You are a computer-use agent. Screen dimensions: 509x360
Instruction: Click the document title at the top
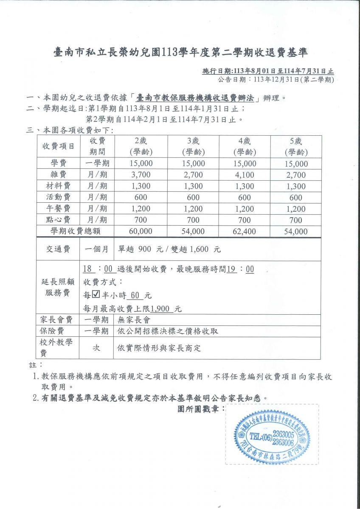click(180, 53)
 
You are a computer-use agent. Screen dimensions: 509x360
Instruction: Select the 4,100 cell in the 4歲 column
click(245, 175)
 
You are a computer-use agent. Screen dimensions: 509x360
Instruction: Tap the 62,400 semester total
click(245, 231)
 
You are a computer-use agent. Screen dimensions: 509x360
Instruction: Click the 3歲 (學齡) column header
click(193, 146)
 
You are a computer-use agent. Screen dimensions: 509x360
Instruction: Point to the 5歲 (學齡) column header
click(296, 146)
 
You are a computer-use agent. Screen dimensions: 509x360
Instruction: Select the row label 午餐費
click(59, 209)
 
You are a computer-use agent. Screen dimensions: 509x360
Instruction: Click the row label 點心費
click(59, 220)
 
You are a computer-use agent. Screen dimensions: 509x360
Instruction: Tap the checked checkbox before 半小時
click(96, 295)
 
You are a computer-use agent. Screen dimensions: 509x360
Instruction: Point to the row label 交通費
click(59, 249)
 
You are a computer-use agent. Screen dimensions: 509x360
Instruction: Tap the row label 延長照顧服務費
click(59, 288)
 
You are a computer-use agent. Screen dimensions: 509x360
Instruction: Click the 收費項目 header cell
click(59, 146)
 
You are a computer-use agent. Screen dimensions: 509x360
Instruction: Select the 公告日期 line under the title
click(276, 79)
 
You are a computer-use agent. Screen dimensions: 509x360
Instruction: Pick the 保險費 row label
click(59, 331)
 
